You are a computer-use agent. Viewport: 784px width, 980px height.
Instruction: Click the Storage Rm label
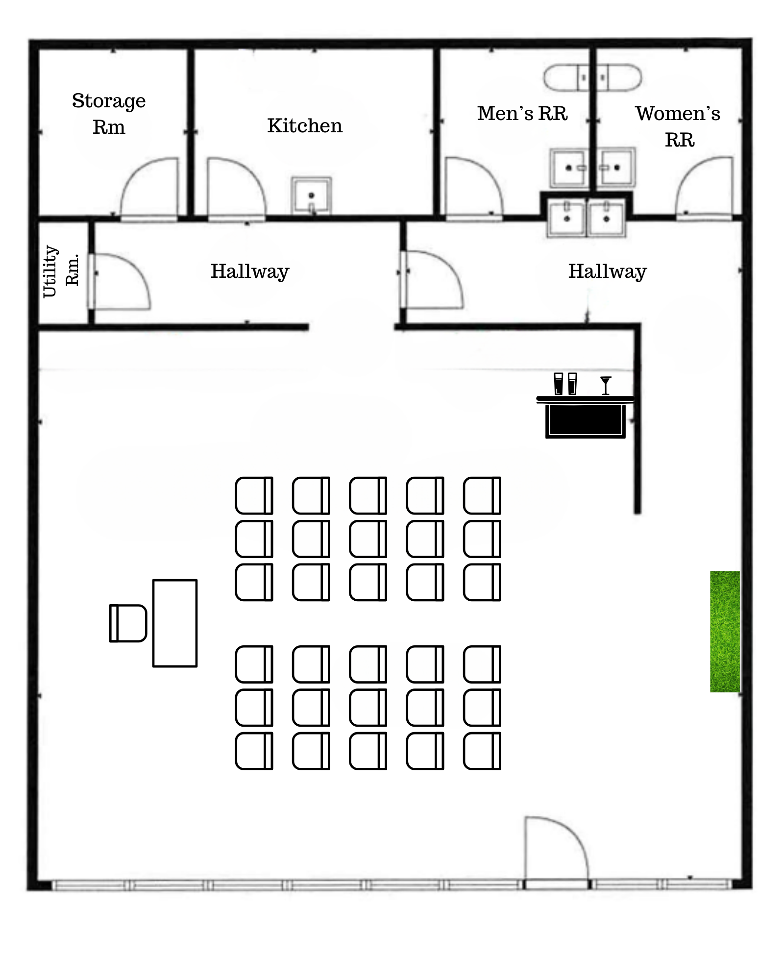coord(109,114)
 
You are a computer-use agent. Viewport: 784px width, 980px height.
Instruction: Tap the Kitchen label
coord(305,126)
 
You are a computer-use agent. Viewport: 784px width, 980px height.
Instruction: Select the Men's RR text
coord(522,113)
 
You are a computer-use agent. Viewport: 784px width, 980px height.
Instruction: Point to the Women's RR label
coord(679,126)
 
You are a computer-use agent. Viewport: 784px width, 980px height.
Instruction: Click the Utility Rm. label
coord(61,271)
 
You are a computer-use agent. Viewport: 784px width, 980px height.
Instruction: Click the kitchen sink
coord(311,195)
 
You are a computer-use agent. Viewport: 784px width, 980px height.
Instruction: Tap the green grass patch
coord(725,631)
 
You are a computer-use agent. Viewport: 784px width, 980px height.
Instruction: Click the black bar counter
coord(586,417)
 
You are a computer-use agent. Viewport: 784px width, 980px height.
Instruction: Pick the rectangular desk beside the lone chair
coord(175,623)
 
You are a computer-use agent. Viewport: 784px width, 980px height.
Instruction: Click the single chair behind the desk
coord(128,623)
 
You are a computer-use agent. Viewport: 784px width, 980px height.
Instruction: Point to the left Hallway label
coord(250,272)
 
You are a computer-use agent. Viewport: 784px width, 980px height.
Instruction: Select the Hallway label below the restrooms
coord(608,272)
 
